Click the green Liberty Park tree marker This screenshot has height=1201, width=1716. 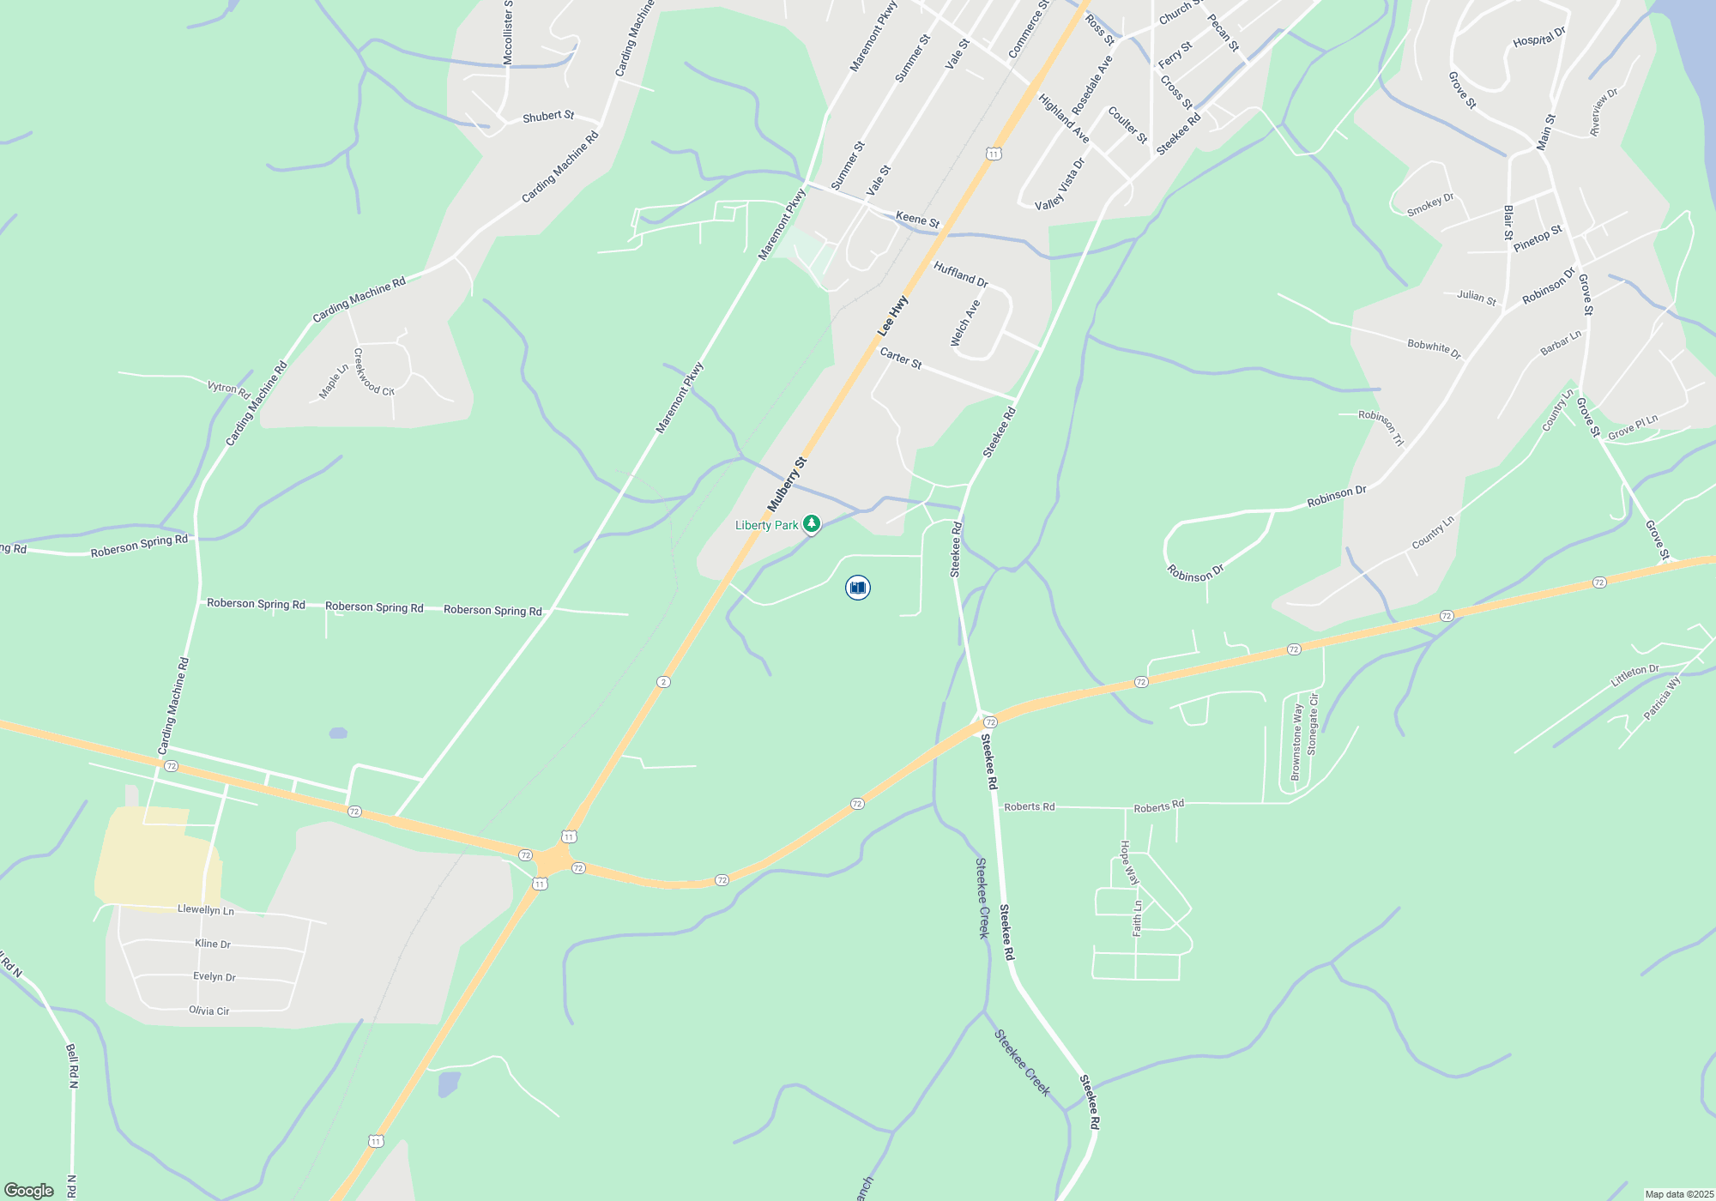click(811, 523)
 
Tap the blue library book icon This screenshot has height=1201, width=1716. click(857, 588)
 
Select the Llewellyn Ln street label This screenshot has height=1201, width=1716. click(206, 909)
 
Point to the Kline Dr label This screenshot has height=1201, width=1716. click(213, 944)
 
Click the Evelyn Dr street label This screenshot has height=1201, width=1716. click(214, 976)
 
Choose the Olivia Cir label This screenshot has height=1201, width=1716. click(209, 1011)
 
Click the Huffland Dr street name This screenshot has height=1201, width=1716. click(961, 275)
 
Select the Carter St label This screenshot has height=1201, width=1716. click(901, 359)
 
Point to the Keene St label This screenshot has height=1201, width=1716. click(917, 220)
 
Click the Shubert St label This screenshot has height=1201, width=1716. click(548, 116)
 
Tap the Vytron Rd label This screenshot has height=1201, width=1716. click(229, 389)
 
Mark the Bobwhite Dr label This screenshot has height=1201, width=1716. click(1434, 348)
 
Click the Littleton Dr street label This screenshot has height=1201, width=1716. click(1634, 675)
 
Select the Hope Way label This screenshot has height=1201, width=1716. click(1129, 863)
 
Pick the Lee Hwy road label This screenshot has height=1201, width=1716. click(892, 316)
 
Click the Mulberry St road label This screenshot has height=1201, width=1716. click(787, 485)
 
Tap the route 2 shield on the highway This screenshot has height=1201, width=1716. click(663, 682)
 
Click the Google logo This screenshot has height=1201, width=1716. click(29, 1191)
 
